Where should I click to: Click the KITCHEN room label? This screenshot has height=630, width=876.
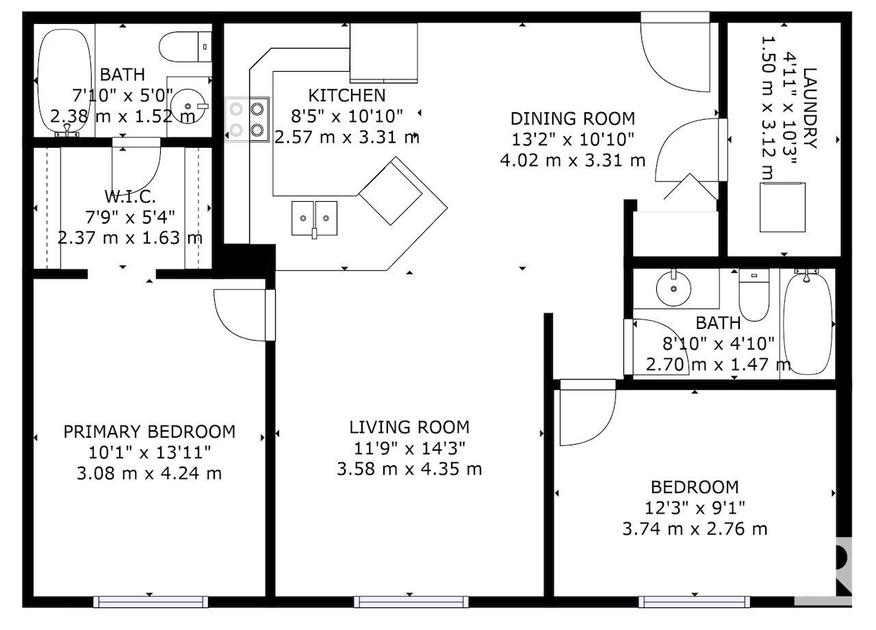tap(346, 95)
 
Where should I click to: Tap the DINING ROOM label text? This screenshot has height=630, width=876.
tap(573, 119)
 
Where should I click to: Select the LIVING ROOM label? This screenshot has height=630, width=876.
tap(409, 427)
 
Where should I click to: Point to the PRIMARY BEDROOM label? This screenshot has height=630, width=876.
tap(149, 432)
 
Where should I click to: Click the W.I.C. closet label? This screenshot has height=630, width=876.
tap(130, 196)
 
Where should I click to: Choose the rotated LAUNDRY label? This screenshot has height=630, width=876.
tap(810, 108)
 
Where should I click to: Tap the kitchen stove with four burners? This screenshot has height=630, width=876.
tap(247, 119)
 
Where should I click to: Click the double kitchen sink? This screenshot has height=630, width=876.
tap(314, 218)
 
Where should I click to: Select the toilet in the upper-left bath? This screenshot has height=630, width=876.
tap(185, 47)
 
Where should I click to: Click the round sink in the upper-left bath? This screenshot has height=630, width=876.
tap(188, 106)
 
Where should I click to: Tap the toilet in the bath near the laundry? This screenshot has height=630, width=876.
tap(754, 295)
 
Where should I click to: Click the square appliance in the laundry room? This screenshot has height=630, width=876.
tap(782, 207)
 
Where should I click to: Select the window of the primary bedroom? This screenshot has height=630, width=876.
tap(151, 602)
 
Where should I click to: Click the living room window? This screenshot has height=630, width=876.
tap(411, 602)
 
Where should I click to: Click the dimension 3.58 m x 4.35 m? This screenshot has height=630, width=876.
tap(409, 469)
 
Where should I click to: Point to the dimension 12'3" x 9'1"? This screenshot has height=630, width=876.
tap(695, 508)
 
